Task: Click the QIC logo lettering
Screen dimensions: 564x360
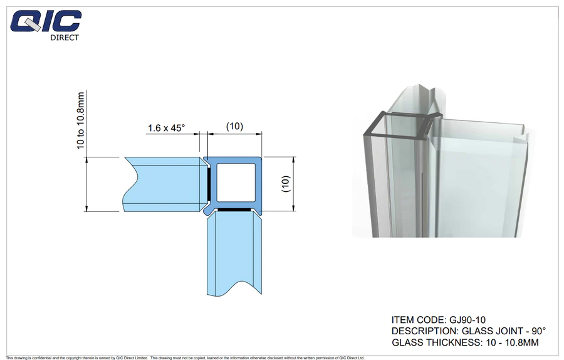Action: (46, 21)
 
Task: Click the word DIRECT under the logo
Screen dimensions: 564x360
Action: (65, 38)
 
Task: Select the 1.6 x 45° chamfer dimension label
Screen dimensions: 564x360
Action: (166, 128)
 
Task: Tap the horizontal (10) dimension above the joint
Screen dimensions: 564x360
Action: (234, 126)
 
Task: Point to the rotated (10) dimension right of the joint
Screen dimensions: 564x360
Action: (286, 184)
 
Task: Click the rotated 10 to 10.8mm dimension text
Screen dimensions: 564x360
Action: (80, 120)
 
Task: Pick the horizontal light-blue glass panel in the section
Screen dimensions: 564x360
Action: (162, 184)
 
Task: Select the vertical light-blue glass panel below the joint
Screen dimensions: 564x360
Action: (234, 253)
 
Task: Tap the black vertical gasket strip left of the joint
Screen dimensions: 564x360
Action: (209, 183)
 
